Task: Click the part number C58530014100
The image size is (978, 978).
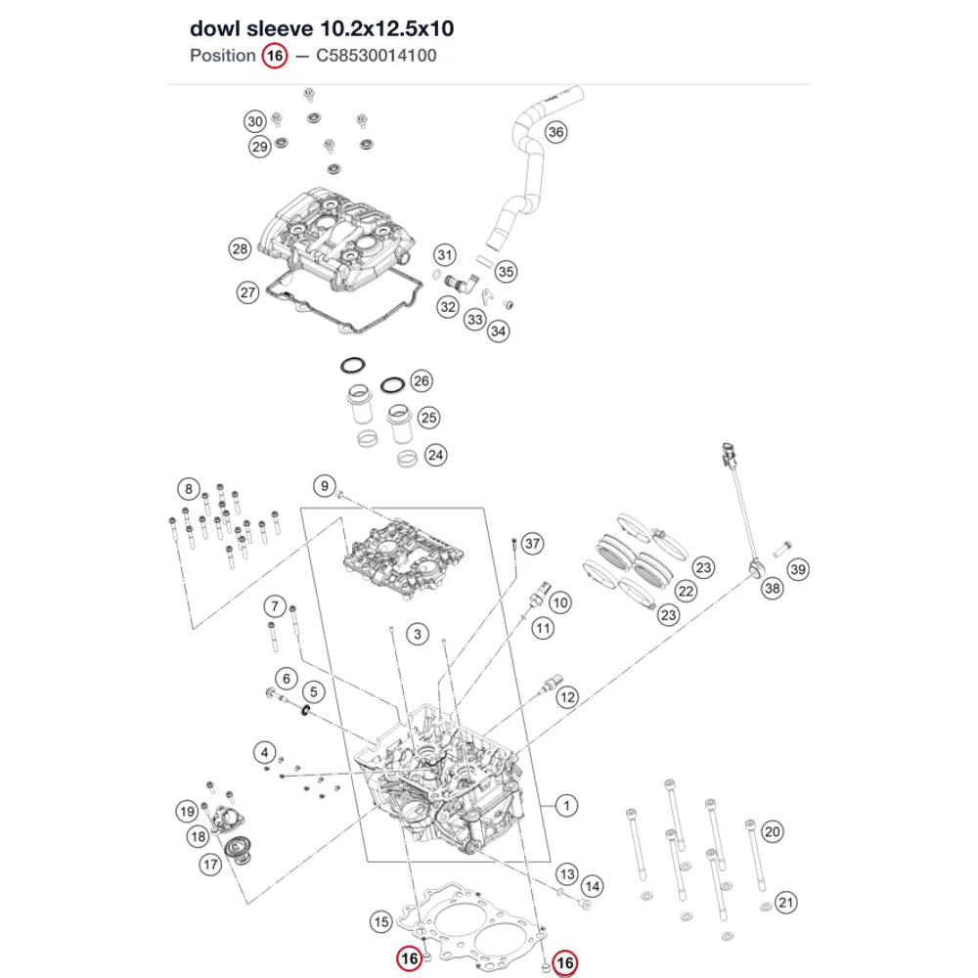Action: pyautogui.click(x=377, y=56)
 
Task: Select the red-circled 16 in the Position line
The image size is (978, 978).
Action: pyautogui.click(x=275, y=56)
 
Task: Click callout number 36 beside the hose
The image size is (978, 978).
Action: pyautogui.click(x=556, y=132)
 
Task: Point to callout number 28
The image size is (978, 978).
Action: pyautogui.click(x=241, y=248)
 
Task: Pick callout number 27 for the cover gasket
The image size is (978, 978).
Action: pyautogui.click(x=248, y=292)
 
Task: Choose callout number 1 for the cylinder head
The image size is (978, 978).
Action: pyautogui.click(x=566, y=805)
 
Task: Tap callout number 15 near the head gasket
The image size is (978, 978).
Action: pyautogui.click(x=381, y=922)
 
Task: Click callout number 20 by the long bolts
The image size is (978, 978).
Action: pyautogui.click(x=773, y=831)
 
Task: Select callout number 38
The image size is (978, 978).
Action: pyautogui.click(x=773, y=588)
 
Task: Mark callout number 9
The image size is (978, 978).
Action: pyautogui.click(x=325, y=486)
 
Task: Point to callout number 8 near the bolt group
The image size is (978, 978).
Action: pyautogui.click(x=189, y=488)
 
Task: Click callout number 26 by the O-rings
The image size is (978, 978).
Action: pyautogui.click(x=422, y=381)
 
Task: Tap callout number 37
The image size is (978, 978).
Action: pyautogui.click(x=532, y=543)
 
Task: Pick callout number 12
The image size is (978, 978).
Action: pyautogui.click(x=567, y=697)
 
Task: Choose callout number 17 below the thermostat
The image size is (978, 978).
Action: pyautogui.click(x=210, y=865)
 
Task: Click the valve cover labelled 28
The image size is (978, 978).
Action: pyautogui.click(x=337, y=232)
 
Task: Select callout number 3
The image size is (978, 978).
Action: pyautogui.click(x=418, y=635)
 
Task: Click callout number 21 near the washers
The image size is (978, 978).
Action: pyautogui.click(x=786, y=903)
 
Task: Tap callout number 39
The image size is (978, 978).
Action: pyautogui.click(x=798, y=569)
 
